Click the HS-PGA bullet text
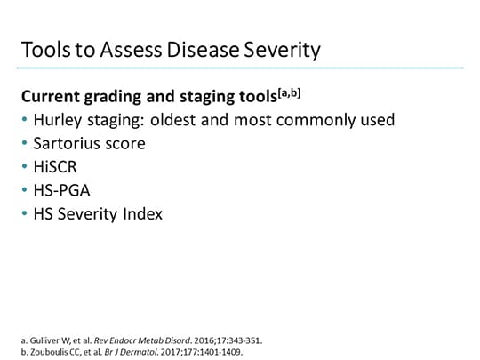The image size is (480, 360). click(x=61, y=189)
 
